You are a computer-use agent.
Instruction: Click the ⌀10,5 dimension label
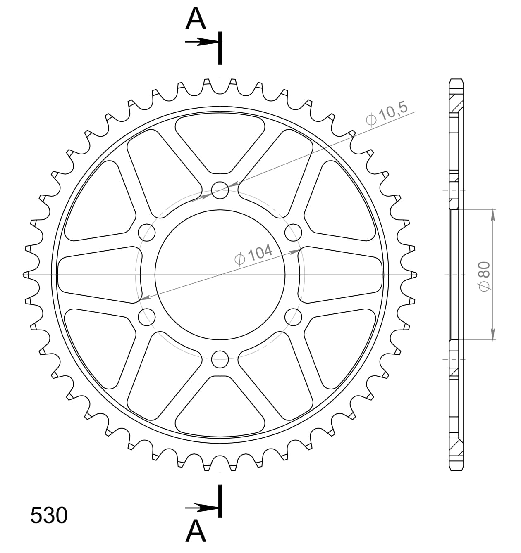tap(387, 114)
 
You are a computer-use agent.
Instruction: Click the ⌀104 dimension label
tap(253, 254)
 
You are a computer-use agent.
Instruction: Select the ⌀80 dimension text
tap(484, 275)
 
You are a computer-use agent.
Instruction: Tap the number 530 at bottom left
tap(49, 515)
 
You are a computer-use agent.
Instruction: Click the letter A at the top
tap(196, 19)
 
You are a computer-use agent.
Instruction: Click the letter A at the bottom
tap(196, 531)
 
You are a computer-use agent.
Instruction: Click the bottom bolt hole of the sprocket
tap(220, 359)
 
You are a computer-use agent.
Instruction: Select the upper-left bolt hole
tap(146, 232)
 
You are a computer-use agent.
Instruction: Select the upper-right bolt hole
tap(294, 232)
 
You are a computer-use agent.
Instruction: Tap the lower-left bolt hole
tap(146, 317)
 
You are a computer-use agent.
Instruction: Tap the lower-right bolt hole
tap(294, 317)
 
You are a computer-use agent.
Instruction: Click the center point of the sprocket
tap(220, 274)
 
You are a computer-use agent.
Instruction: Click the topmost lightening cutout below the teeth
tap(220, 142)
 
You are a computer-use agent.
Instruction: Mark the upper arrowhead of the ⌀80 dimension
tap(492, 215)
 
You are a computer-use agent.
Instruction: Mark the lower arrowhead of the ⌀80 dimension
tap(492, 335)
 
